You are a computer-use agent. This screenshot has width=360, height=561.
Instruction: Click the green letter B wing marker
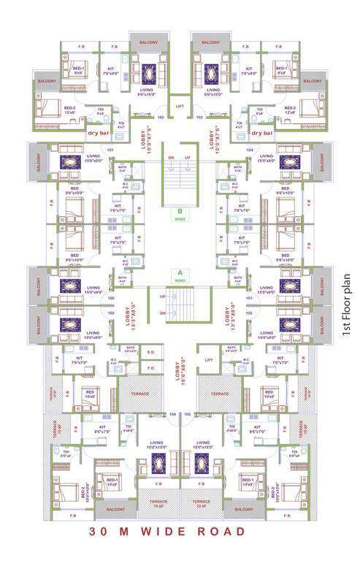(180, 213)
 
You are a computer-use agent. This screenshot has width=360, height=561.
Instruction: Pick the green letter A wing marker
(180, 272)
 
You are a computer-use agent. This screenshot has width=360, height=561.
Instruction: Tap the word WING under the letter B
(180, 221)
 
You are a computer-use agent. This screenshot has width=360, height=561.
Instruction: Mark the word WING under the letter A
(180, 280)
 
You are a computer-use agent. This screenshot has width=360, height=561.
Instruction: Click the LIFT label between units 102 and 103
(180, 107)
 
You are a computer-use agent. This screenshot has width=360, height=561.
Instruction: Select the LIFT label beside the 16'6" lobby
(209, 360)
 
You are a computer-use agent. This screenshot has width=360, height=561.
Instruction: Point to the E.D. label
(150, 353)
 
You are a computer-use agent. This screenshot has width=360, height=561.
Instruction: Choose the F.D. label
(150, 367)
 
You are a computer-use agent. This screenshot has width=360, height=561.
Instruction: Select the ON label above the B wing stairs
(171, 158)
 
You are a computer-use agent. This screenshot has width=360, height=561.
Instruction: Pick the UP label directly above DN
(162, 297)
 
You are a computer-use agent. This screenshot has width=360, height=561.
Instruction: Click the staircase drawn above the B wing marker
(180, 183)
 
